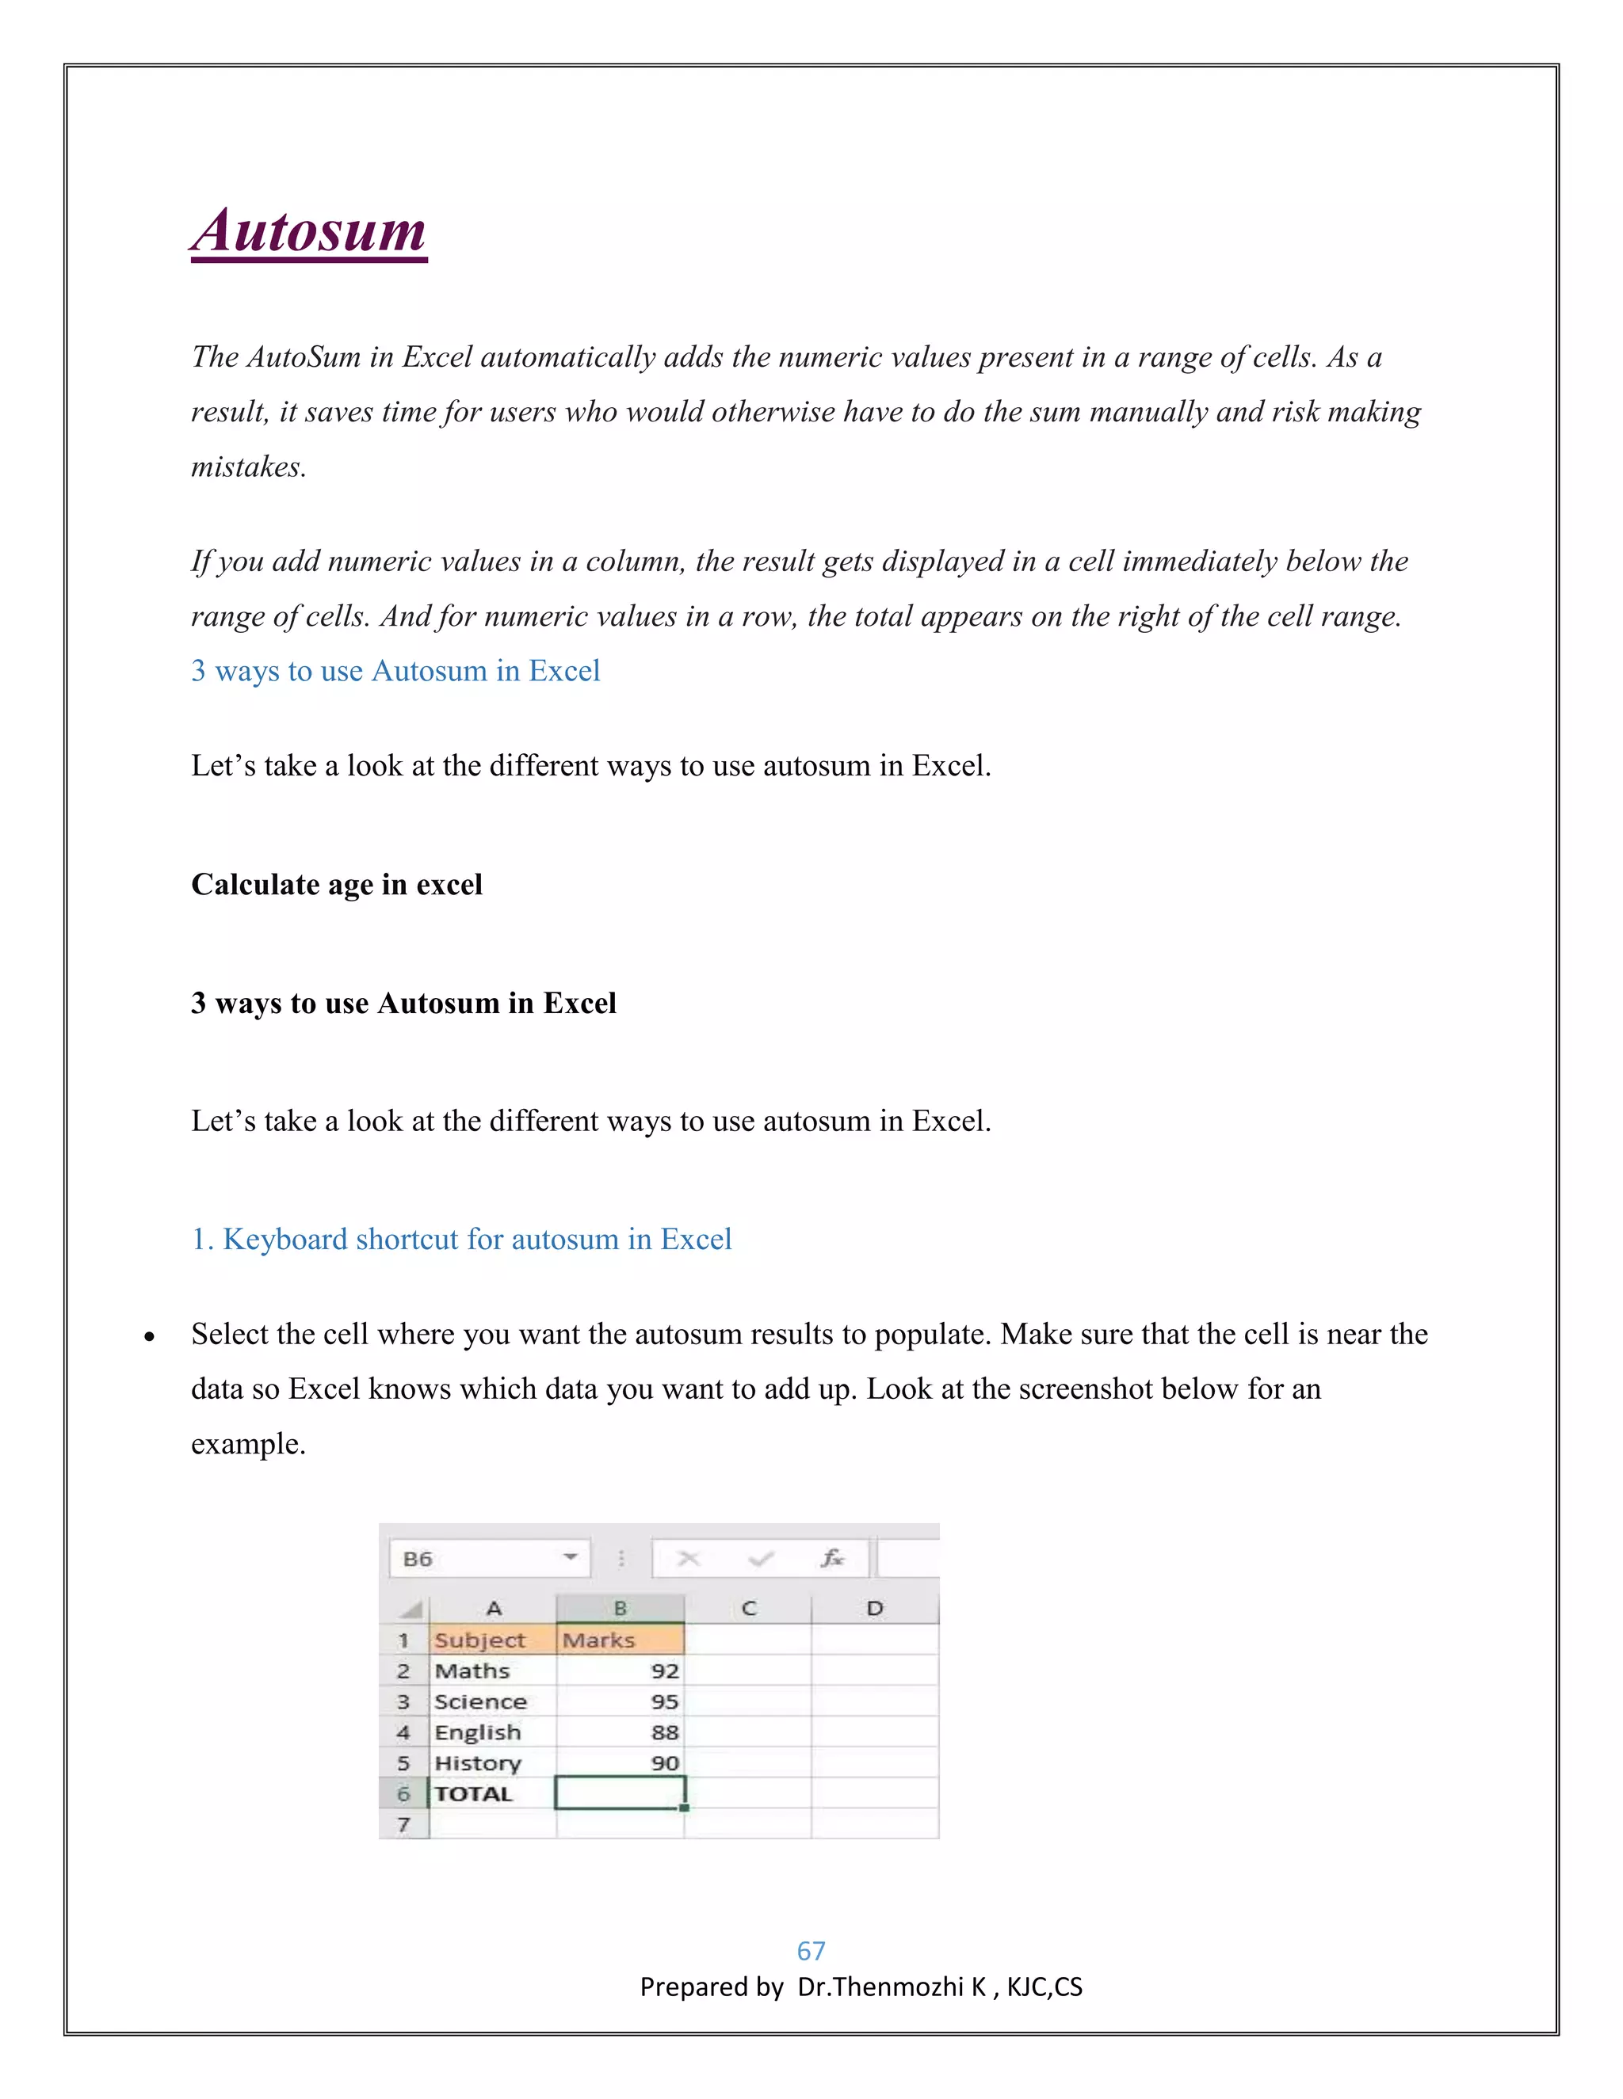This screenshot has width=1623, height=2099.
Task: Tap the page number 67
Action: click(x=811, y=1950)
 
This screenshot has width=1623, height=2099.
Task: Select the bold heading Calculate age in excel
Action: click(x=337, y=884)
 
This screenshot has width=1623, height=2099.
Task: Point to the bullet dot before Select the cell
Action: click(x=149, y=1337)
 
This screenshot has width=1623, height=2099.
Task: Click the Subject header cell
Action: click(x=491, y=1640)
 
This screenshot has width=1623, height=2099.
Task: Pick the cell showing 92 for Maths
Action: click(x=621, y=1670)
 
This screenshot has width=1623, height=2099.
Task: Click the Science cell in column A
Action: click(x=491, y=1701)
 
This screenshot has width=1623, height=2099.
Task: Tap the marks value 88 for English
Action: click(x=621, y=1731)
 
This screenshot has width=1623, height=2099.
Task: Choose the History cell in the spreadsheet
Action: click(x=491, y=1762)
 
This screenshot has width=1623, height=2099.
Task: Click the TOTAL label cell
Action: click(x=491, y=1793)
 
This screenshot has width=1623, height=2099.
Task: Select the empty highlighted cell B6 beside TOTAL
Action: click(x=621, y=1793)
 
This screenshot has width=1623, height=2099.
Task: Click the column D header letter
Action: click(x=874, y=1608)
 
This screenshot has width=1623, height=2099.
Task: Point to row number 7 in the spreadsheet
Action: click(x=404, y=1824)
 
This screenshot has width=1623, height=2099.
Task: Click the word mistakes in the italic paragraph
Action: click(x=248, y=467)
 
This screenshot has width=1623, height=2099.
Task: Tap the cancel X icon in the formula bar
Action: click(x=689, y=1558)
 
